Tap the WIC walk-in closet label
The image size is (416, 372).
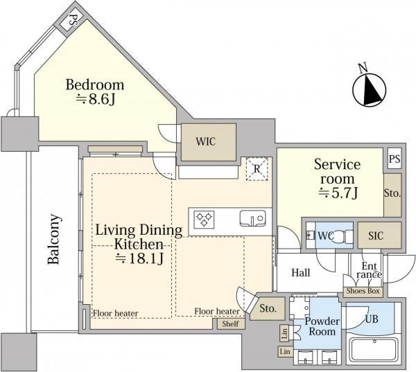pyautogui.click(x=206, y=141)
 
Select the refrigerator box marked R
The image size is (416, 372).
pyautogui.click(x=257, y=169)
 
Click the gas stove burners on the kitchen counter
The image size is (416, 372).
pyautogui.click(x=204, y=220)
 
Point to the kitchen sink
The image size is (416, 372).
pyautogui.click(x=252, y=218)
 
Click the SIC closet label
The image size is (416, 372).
pyautogui.click(x=376, y=236)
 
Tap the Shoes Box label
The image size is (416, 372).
pyautogui.click(x=363, y=291)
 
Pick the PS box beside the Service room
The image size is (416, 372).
pyautogui.click(x=395, y=159)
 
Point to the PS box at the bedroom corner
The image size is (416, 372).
pyautogui.click(x=71, y=21)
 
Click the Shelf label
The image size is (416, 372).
pyautogui.click(x=230, y=324)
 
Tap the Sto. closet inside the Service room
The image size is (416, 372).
pyautogui.click(x=392, y=195)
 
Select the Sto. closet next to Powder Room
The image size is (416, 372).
pyautogui.click(x=268, y=308)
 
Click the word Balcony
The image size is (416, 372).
pyautogui.click(x=54, y=240)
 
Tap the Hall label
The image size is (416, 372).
pyautogui.click(x=301, y=272)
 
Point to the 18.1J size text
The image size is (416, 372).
pyautogui.click(x=139, y=259)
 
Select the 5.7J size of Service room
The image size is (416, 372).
pyautogui.click(x=338, y=193)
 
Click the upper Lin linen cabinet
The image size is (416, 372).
pyautogui.click(x=284, y=333)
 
